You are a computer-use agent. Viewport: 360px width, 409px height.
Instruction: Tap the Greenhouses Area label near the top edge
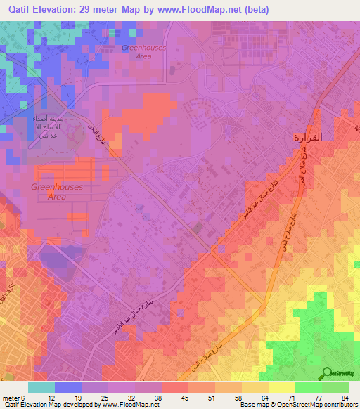[143, 52]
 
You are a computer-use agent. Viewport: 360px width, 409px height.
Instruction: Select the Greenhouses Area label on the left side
[56, 192]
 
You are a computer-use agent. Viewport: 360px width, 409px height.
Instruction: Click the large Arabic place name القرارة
[307, 138]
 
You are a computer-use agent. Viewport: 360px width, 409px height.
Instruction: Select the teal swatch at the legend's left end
[41, 387]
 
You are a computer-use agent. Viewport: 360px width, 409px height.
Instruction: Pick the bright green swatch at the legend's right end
[335, 387]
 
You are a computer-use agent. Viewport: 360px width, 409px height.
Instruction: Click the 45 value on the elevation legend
[184, 397]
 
